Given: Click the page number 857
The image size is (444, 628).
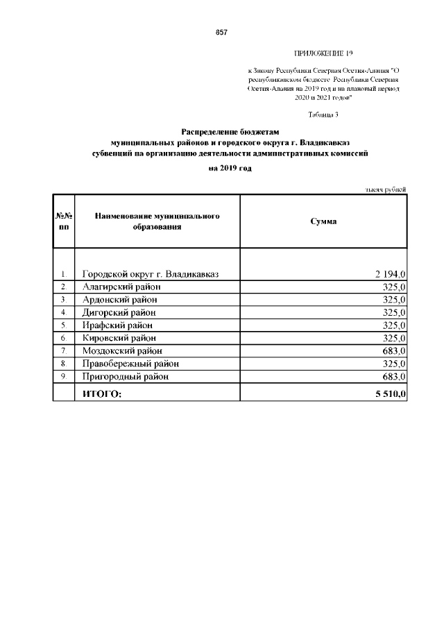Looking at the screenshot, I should [x=221, y=33].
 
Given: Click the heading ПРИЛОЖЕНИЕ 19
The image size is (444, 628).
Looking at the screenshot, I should [x=324, y=53].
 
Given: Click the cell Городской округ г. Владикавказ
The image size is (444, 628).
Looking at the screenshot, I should [x=151, y=274].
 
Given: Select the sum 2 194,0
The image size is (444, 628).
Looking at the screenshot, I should [x=389, y=274].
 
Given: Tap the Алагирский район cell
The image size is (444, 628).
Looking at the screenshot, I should [x=121, y=287].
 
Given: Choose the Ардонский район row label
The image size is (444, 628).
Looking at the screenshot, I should [x=119, y=299].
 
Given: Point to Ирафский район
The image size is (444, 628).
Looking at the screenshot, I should [x=117, y=325].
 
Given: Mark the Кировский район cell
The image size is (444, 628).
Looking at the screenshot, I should [x=119, y=338].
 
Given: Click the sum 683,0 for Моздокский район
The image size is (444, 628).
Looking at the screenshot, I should [x=393, y=350].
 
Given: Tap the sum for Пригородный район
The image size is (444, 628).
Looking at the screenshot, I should [x=393, y=376].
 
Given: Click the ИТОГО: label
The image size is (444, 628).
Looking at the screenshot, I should [x=102, y=393].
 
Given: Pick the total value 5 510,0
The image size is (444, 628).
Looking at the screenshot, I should [x=389, y=393].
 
